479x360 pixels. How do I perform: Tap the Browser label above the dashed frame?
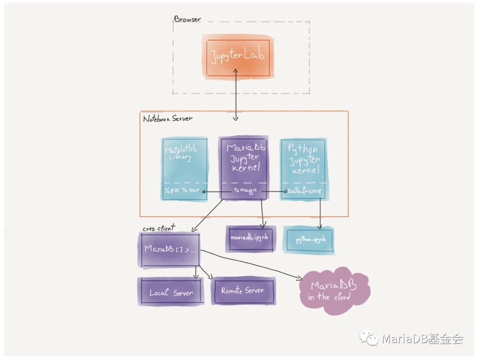point(187,19)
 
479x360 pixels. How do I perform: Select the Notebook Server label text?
point(168,118)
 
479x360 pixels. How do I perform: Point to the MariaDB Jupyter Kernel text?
point(246,158)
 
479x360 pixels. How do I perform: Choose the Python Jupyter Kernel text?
point(304,158)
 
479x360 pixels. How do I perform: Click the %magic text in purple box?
point(246,191)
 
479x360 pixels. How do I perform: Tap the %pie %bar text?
point(181,191)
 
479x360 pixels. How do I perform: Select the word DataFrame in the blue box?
point(305,191)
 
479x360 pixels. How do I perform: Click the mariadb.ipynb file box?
point(251,238)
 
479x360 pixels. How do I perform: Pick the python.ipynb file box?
point(309,240)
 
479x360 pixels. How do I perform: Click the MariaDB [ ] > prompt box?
point(169,249)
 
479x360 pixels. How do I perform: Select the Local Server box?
point(171,292)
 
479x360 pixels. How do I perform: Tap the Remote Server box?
point(242,290)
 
